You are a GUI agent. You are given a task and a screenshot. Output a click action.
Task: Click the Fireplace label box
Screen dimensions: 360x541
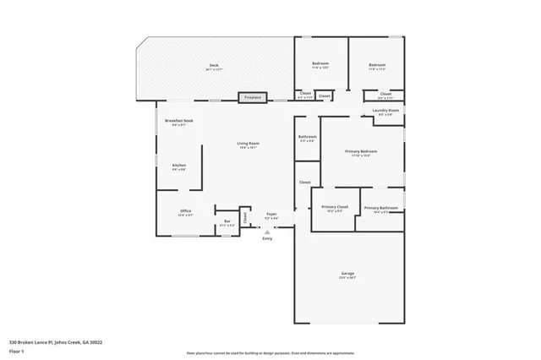pyautogui.click(x=253, y=98)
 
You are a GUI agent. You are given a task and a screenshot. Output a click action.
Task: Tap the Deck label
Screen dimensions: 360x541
pyautogui.click(x=214, y=68)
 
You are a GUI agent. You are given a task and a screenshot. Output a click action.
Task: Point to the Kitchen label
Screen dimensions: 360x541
pyautogui.click(x=179, y=166)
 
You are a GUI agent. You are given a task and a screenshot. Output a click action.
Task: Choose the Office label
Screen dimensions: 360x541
pyautogui.click(x=186, y=212)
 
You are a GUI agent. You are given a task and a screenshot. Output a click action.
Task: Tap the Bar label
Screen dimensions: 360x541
pyautogui.click(x=227, y=223)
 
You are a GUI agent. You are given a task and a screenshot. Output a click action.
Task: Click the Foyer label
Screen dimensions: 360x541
pyautogui.click(x=271, y=215)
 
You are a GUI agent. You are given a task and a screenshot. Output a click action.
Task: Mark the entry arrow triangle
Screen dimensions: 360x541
pyautogui.click(x=267, y=230)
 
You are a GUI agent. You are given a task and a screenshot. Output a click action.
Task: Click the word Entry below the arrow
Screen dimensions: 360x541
pyautogui.click(x=267, y=238)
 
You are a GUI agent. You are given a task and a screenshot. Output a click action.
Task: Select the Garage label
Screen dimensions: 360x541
pyautogui.click(x=347, y=275)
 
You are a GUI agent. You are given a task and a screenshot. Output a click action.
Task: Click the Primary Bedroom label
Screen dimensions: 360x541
pyautogui.click(x=361, y=153)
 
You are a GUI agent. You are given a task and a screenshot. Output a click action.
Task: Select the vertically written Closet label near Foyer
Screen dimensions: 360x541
pyautogui.click(x=246, y=217)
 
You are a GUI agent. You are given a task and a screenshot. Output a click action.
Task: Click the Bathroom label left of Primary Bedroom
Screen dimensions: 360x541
pyautogui.click(x=307, y=138)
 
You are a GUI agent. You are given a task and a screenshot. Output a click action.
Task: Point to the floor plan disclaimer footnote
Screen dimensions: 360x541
pyautogui.click(x=270, y=351)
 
